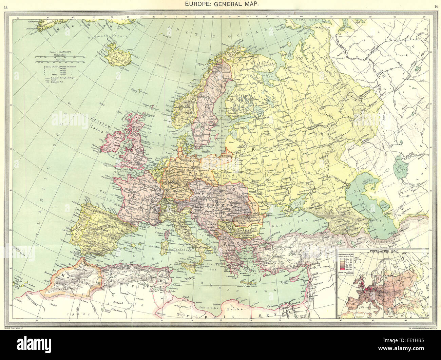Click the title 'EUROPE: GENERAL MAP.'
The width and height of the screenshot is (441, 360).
coord(220,4)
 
